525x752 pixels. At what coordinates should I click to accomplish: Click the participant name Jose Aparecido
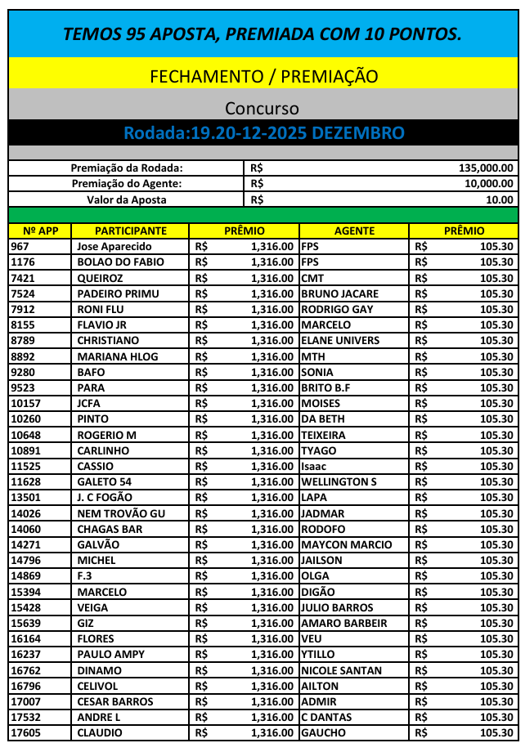114,246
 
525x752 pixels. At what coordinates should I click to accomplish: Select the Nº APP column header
40,231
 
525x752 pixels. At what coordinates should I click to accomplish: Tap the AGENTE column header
354,231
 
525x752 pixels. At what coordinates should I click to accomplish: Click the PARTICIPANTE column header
131,231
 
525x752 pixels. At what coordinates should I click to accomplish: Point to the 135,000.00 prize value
487,168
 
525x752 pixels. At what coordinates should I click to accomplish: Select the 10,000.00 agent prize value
489,183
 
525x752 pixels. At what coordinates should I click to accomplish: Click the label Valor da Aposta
127,199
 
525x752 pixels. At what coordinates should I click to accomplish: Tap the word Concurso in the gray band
262,108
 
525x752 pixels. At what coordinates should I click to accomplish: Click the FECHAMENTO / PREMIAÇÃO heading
263,76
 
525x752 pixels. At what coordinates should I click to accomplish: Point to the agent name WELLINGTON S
339,481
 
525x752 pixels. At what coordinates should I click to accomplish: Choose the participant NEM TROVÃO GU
120,513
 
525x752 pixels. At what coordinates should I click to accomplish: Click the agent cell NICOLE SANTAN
341,670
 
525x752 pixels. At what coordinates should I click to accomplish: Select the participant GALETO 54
104,481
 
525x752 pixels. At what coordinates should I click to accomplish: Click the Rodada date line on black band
263,132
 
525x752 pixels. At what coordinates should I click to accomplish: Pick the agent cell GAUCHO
323,732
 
